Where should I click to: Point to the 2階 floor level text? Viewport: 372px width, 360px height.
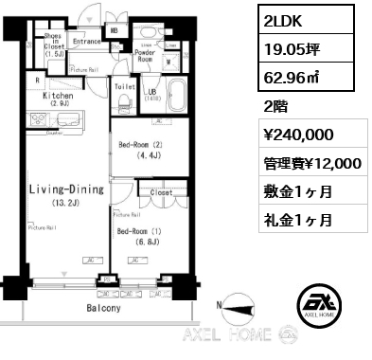pyautogui.click(x=277, y=105)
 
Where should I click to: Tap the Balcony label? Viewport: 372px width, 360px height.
pyautogui.click(x=105, y=308)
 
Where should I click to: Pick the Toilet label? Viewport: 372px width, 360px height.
pyautogui.click(x=125, y=85)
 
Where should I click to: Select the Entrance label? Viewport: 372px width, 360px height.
pyautogui.click(x=86, y=41)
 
